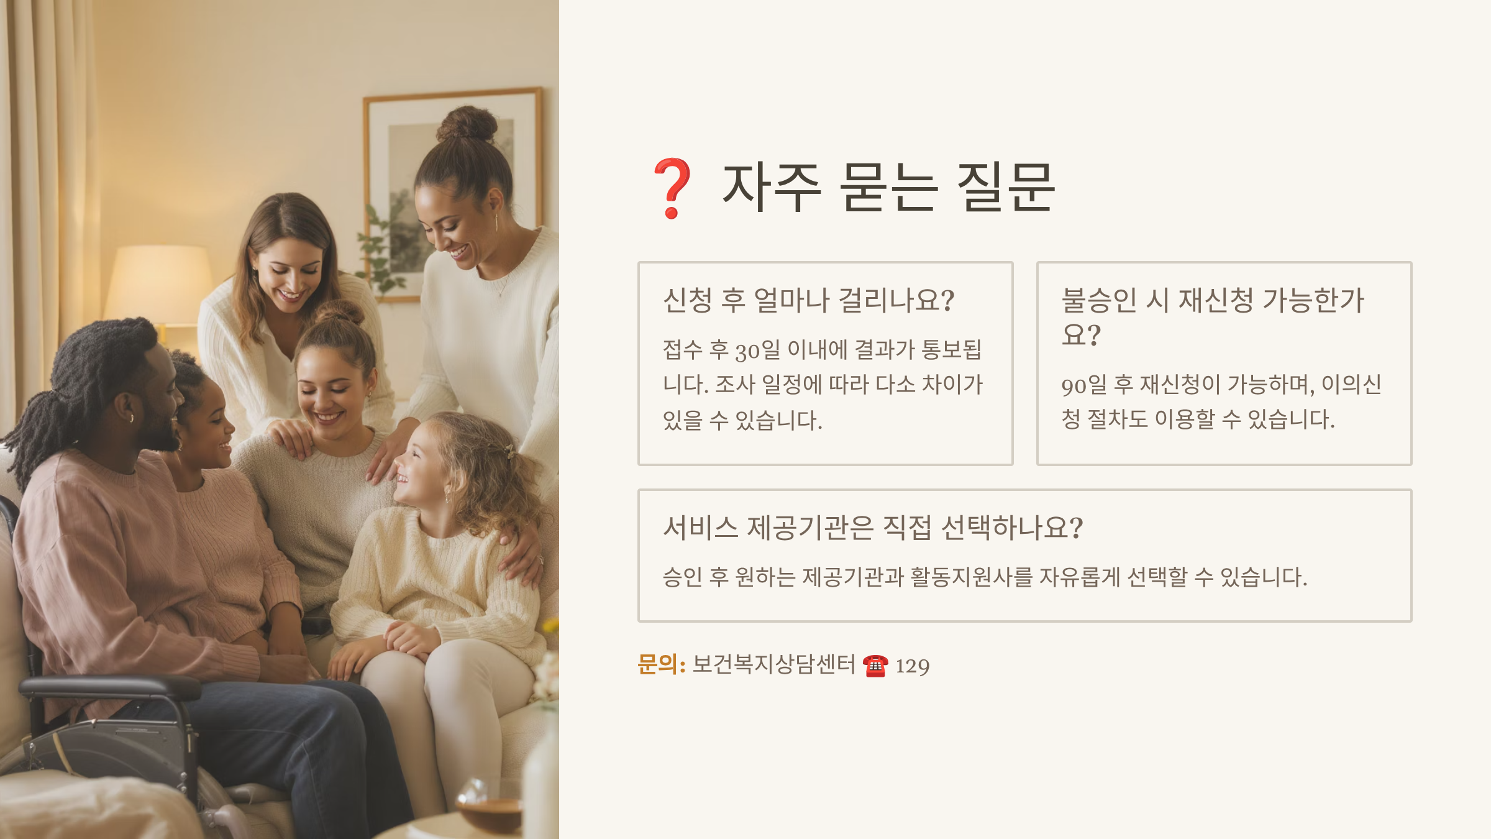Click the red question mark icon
(672, 188)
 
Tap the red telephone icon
(875, 666)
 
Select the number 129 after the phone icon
(913, 666)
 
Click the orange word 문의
(658, 664)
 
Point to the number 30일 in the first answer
(758, 350)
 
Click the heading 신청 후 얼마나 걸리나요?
(808, 300)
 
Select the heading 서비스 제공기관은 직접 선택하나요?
(873, 528)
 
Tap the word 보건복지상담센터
(774, 664)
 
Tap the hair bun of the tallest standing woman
(467, 124)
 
